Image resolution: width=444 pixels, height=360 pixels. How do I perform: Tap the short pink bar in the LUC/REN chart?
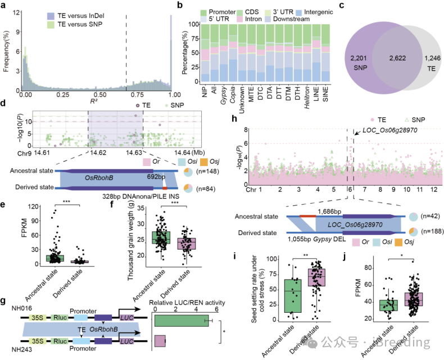(160, 341)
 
